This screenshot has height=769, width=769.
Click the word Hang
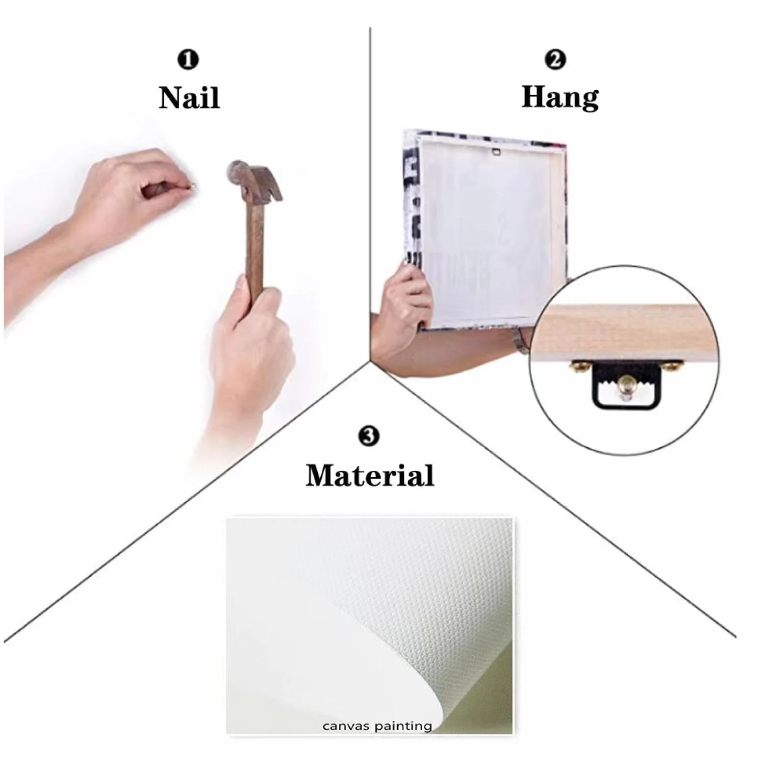(x=560, y=97)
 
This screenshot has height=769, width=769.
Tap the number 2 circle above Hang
(x=556, y=60)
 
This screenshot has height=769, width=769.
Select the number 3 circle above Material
(x=369, y=436)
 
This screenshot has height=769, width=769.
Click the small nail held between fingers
(x=191, y=185)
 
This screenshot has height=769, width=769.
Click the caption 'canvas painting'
(x=377, y=726)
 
